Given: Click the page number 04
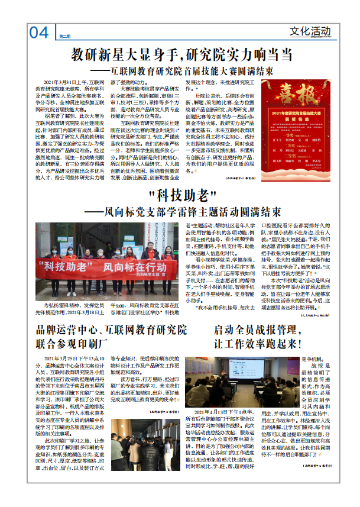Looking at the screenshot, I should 39,33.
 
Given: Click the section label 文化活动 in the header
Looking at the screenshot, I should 310,31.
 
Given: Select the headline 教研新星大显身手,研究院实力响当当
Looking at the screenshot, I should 181,56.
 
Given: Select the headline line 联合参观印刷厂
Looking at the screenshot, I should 73,343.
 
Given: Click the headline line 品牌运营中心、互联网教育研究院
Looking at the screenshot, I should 111,330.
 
